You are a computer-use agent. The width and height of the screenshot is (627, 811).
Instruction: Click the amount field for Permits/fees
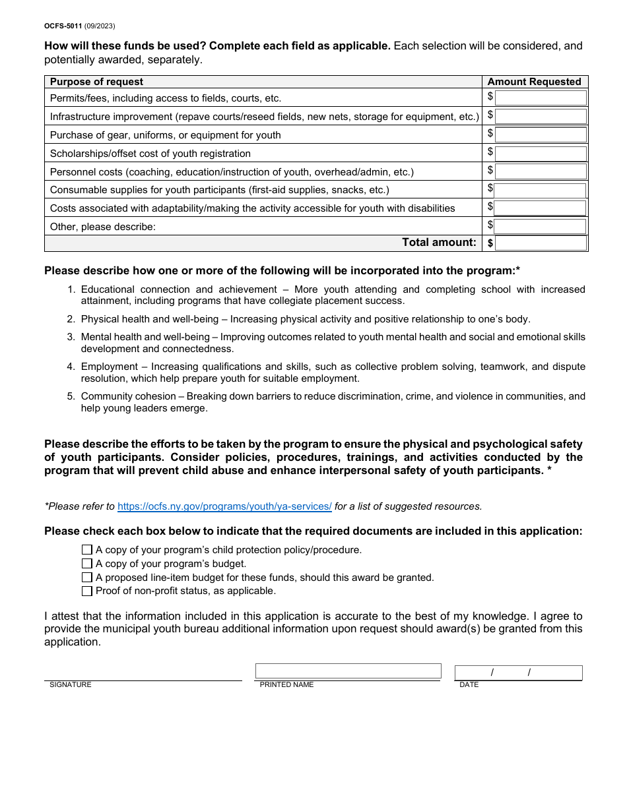click(x=541, y=98)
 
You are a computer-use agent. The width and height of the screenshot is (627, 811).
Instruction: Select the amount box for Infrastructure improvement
click(x=541, y=117)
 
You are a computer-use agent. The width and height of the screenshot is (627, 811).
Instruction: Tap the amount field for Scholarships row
click(x=541, y=154)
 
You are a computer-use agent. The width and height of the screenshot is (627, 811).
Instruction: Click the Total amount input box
click(x=541, y=243)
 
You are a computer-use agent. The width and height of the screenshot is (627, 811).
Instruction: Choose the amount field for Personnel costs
click(x=541, y=172)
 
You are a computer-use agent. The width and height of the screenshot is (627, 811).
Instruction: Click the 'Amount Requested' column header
click(x=534, y=82)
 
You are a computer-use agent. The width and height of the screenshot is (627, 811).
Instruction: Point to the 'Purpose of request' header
click(x=96, y=82)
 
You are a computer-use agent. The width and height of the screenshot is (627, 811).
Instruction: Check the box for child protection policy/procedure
click(x=87, y=550)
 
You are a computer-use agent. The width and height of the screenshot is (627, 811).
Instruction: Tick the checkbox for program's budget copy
click(x=87, y=564)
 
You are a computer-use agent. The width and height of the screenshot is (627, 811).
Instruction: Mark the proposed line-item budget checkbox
click(x=87, y=578)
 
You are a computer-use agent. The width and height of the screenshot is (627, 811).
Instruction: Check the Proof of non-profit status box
click(x=87, y=591)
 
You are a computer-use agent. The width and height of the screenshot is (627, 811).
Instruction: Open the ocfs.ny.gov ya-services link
click(x=224, y=506)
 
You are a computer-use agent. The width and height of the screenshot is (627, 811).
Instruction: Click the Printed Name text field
click(x=348, y=671)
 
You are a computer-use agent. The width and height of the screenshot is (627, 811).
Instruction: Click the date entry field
click(x=518, y=673)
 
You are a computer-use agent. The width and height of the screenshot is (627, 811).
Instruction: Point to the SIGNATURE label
click(x=71, y=685)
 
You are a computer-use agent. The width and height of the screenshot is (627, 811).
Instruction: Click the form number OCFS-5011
click(x=63, y=26)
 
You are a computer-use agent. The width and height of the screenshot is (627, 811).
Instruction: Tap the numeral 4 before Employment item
click(x=71, y=367)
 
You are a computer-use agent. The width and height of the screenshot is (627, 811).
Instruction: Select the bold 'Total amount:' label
click(x=439, y=243)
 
